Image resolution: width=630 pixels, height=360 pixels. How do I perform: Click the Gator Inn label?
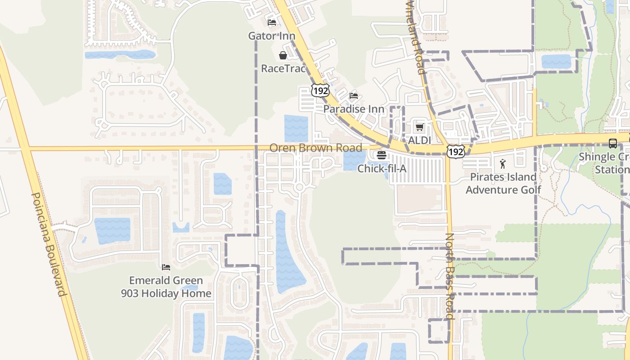tap(272, 36)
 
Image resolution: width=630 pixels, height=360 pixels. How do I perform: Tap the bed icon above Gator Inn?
tap(272, 22)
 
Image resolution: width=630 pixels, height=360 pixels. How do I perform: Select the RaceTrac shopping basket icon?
tap(283, 55)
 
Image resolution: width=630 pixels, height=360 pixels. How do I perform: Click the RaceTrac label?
tap(283, 69)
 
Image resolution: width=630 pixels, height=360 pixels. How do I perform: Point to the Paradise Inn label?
tap(354, 109)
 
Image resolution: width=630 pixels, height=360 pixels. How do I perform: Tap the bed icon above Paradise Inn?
tap(354, 96)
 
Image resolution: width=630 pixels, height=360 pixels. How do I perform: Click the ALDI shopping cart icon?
tap(420, 127)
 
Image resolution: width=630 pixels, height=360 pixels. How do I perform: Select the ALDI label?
tap(419, 140)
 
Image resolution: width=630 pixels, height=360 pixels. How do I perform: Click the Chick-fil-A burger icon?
tap(382, 156)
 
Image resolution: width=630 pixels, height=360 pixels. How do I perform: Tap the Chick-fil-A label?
tap(382, 169)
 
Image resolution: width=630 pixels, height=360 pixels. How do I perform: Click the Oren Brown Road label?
tap(315, 148)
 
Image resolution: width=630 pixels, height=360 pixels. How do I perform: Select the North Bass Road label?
tap(450, 275)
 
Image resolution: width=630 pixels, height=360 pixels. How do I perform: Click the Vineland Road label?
tap(415, 37)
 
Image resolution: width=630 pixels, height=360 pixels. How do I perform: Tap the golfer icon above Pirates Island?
tap(503, 164)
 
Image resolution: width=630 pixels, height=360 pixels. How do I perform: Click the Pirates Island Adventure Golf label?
tap(503, 183)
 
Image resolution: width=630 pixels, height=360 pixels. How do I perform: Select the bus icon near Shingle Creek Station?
tap(613, 144)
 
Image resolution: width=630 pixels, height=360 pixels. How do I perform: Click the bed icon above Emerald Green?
tap(166, 267)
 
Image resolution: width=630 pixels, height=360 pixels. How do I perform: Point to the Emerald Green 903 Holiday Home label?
tap(166, 287)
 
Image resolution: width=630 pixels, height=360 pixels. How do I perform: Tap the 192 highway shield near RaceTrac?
tap(320, 90)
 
